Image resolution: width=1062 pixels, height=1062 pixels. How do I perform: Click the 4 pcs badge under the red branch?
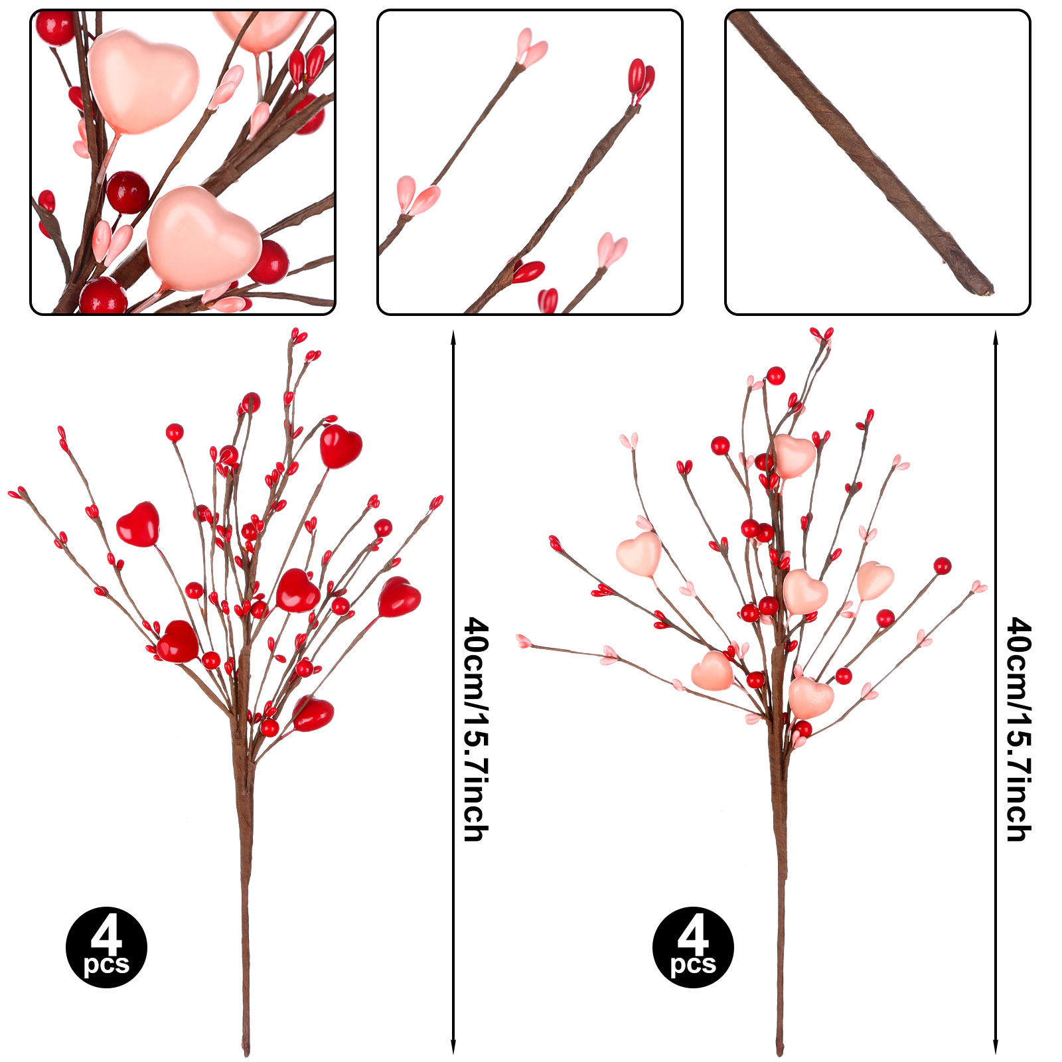(x=106, y=947)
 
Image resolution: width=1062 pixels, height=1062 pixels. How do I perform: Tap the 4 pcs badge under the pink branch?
(x=693, y=947)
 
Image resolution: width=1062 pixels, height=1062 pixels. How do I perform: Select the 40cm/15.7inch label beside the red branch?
(x=476, y=729)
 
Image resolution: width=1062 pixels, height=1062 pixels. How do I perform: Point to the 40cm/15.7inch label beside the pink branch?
(x=1019, y=729)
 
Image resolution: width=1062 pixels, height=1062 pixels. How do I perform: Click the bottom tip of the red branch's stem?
(x=246, y=1054)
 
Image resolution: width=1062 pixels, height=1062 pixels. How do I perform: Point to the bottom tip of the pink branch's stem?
(x=781, y=1053)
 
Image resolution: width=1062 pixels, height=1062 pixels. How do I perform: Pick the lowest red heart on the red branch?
(x=313, y=714)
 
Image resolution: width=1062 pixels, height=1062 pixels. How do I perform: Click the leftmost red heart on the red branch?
(x=138, y=524)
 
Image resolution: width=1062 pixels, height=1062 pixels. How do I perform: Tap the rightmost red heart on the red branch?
(x=399, y=596)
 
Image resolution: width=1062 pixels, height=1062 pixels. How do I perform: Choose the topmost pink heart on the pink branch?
(x=794, y=456)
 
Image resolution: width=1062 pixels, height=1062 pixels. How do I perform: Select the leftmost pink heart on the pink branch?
(x=639, y=554)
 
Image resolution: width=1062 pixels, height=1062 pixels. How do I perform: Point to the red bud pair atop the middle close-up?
(x=641, y=79)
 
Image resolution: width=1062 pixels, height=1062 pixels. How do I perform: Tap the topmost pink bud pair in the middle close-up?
(x=532, y=48)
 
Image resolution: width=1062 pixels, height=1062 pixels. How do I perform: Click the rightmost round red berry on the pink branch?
(x=942, y=566)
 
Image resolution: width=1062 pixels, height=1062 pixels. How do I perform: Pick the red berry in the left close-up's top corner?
(x=54, y=28)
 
